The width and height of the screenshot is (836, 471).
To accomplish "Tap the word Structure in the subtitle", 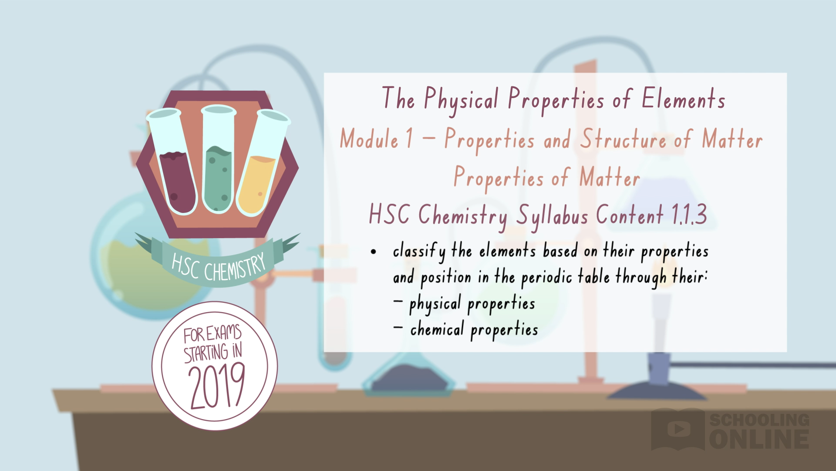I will point(623,140).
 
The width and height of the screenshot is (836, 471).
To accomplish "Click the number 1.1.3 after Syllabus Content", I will point(689,215).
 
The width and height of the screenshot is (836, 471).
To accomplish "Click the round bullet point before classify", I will point(373,252).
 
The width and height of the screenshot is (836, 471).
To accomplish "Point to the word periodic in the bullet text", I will point(546,278).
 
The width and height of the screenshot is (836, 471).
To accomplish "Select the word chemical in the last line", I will point(437,329).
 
